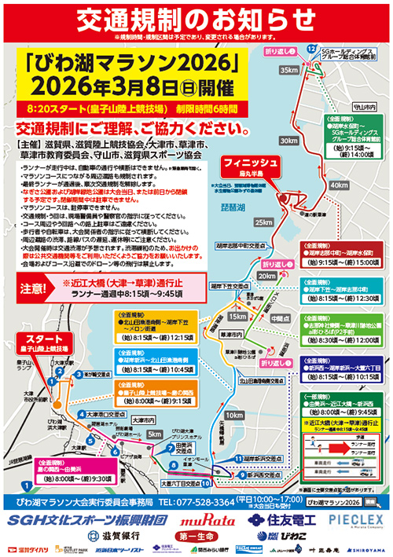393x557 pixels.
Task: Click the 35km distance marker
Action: coord(288,70)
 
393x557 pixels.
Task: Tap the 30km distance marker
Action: coord(289,141)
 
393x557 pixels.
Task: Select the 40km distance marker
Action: coord(340,185)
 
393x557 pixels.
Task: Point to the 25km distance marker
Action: coord(264,222)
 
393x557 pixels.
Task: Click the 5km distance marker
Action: coord(154,434)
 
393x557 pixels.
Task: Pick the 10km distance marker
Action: coord(234,413)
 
